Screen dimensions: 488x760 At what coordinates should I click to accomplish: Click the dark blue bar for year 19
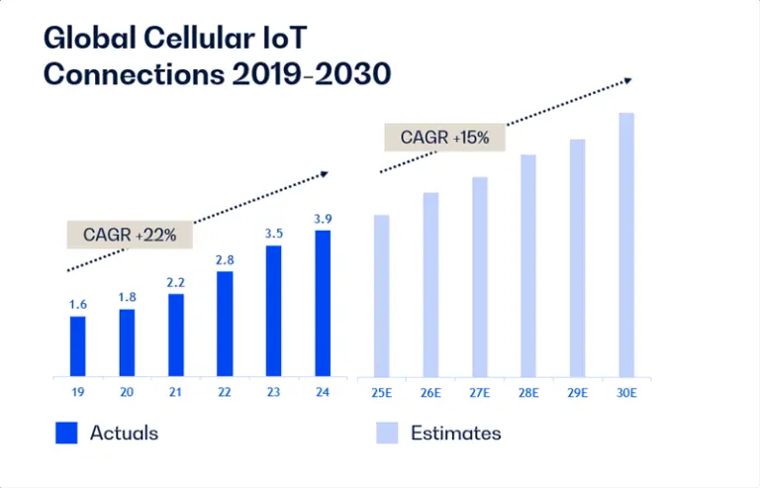point(77,346)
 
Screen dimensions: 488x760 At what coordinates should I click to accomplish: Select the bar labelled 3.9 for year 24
point(323,304)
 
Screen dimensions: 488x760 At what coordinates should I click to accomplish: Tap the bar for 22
point(225,324)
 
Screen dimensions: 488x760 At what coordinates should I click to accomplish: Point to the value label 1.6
point(77,305)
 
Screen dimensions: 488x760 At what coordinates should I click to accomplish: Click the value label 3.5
point(273,235)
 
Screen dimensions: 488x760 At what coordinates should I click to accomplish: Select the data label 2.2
point(175,283)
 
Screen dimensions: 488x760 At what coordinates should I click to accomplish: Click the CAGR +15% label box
point(444,138)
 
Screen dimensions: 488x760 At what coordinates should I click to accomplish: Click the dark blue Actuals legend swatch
point(66,433)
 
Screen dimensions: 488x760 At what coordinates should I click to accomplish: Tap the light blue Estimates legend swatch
point(387,433)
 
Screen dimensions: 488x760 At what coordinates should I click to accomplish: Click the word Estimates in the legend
point(455,433)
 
